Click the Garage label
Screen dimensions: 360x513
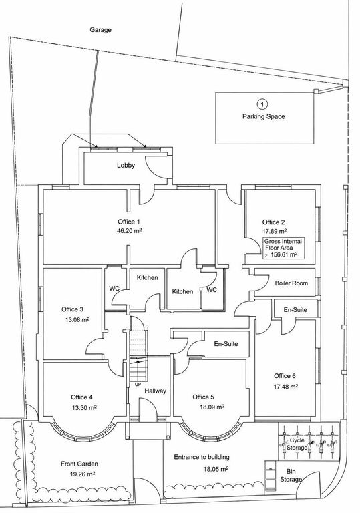pos(100,30)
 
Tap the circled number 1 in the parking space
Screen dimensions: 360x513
pos(262,104)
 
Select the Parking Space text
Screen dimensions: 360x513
pos(263,116)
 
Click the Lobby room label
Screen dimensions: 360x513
pos(126,166)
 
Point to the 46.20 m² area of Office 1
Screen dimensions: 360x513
pos(130,230)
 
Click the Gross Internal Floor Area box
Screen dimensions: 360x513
pos(284,248)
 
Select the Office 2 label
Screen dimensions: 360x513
pos(274,222)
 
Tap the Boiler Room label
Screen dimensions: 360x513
pos(291,283)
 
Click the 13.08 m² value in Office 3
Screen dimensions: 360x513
pos(77,320)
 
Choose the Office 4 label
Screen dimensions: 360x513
pos(81,397)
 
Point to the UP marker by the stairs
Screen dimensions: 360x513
pos(138,385)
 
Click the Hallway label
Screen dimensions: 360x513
pos(156,391)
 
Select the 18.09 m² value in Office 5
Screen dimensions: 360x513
pos(212,407)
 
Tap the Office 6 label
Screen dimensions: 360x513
pos(285,376)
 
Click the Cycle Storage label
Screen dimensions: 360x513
pos(297,444)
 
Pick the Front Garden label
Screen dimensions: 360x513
pos(79,464)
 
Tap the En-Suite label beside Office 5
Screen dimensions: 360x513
pos(226,344)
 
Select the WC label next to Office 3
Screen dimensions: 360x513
pos(114,289)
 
